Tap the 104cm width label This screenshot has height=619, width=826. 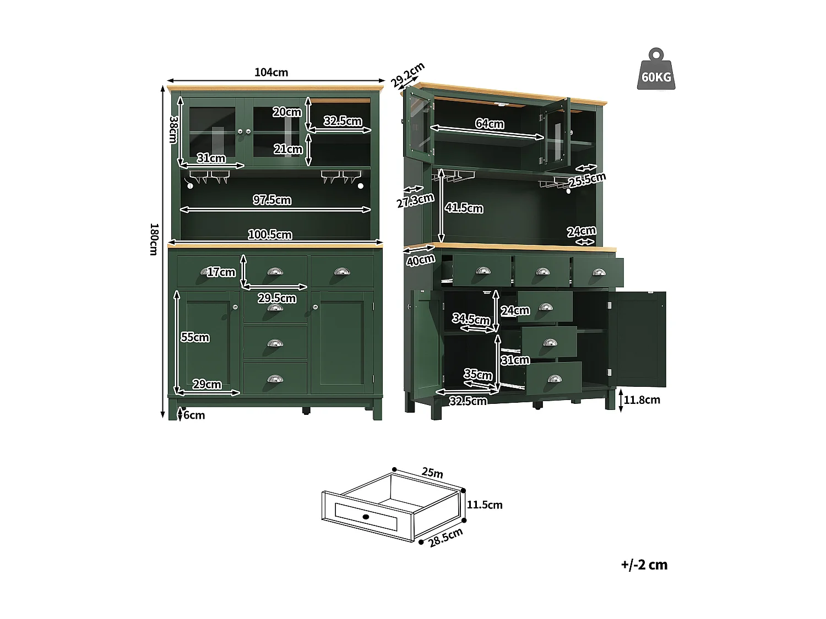271,72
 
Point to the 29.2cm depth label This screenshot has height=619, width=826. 407,75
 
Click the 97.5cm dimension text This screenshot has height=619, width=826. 272,200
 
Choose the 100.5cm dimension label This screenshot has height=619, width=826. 270,235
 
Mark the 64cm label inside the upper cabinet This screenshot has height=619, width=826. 490,124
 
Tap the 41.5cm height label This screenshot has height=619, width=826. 464,208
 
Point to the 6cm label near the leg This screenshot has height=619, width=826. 194,415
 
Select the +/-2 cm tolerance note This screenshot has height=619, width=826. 644,565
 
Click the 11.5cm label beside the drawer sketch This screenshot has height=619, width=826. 485,505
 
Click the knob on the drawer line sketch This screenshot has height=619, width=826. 366,517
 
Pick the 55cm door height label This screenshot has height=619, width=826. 195,337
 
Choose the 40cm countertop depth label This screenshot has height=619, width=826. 421,260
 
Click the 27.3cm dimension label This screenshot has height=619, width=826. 415,201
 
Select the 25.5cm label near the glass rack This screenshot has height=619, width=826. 587,179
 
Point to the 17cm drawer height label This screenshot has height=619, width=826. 221,272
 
